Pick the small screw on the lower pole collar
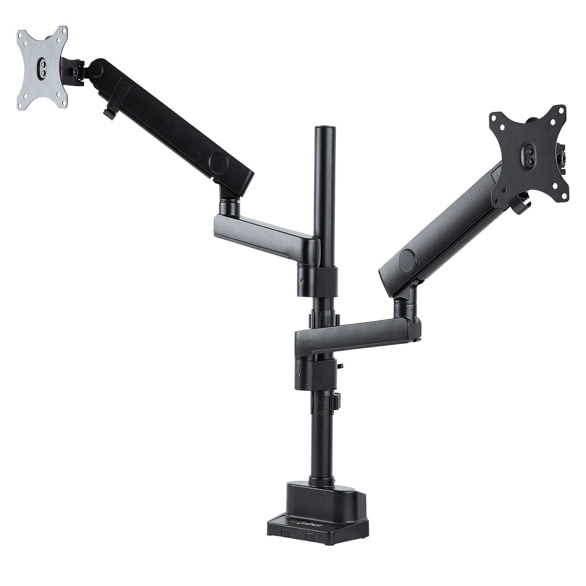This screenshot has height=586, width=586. [x=299, y=374]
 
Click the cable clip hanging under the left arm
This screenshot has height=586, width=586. [x=108, y=113]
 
